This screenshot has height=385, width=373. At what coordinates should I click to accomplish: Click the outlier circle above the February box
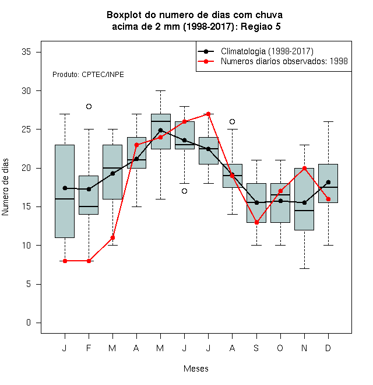89,106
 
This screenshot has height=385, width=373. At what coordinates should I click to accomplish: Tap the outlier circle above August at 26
232,121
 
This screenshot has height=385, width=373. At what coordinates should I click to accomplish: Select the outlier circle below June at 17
185,191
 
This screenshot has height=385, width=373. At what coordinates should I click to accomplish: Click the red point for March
112,237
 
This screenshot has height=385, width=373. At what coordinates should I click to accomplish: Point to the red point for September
256,222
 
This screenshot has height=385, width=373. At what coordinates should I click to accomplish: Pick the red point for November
305,168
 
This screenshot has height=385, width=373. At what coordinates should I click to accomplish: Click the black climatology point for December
328,182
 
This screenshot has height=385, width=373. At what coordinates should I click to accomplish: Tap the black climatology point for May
160,130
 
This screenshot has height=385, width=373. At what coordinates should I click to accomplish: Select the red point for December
328,199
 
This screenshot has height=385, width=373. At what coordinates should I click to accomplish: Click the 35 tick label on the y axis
26,52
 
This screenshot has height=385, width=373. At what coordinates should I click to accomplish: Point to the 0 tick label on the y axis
29,323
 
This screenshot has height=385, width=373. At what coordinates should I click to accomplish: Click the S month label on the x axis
256,348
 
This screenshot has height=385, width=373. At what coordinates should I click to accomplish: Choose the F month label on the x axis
89,348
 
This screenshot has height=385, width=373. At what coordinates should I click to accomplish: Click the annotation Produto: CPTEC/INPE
88,75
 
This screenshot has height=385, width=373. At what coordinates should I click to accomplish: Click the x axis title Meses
196,369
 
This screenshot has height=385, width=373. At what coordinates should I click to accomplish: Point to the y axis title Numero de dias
5,187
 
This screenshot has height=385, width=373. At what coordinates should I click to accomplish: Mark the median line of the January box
65,199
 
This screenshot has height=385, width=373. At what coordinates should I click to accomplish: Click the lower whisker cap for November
305,268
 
